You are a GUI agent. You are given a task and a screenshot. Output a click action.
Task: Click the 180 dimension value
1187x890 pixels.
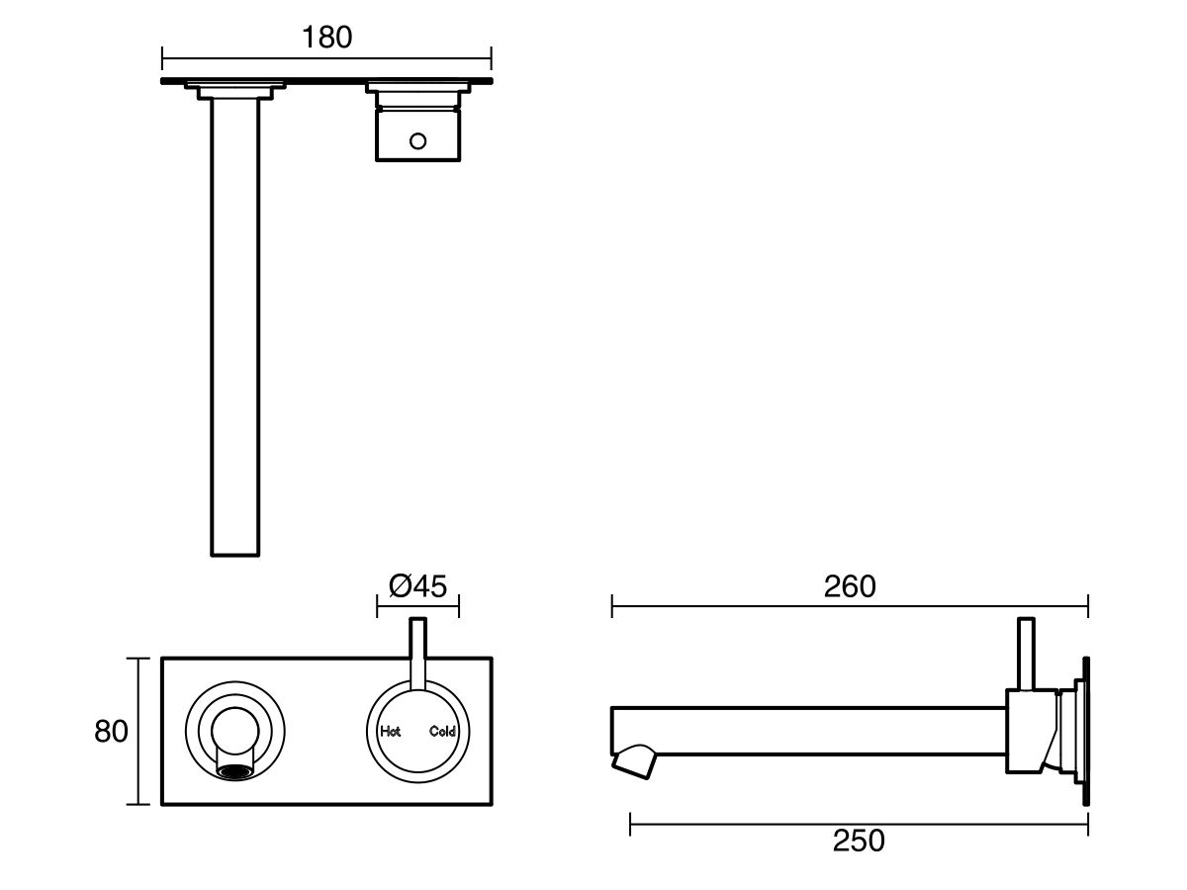point(326,38)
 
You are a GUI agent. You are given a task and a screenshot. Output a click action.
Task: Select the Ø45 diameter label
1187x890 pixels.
point(417,586)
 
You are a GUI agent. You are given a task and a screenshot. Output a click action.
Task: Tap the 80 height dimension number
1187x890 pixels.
point(111,732)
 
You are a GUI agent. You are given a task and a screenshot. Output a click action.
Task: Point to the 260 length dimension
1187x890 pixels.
point(850,586)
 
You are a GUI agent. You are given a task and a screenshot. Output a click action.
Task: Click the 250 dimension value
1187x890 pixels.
point(858,842)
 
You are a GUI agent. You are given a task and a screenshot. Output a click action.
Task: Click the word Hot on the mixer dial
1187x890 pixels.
point(391,732)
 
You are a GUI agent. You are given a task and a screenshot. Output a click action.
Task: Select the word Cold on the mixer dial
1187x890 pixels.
point(442,732)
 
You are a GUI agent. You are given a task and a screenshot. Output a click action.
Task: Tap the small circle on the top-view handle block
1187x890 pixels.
point(418,141)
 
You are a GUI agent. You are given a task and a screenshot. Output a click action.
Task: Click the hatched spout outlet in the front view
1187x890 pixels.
point(235,770)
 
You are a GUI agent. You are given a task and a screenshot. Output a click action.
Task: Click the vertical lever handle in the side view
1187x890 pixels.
point(1027,653)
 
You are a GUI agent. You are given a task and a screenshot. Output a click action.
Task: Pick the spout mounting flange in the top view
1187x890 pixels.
point(235,91)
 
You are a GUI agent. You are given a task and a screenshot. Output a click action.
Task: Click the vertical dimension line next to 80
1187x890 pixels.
point(137,732)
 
